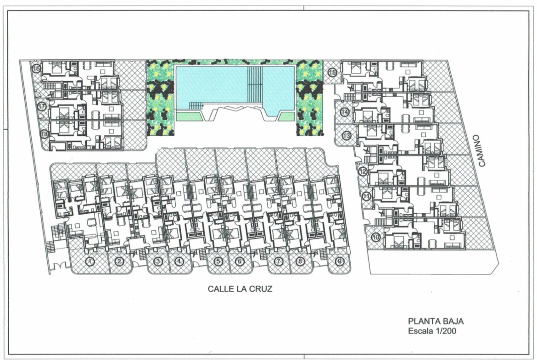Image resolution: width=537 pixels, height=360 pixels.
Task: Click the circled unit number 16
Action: [x=36, y=69]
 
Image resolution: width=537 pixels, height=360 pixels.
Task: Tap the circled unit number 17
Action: [x=42, y=106]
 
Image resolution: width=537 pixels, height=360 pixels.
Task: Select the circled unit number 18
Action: [x=44, y=134]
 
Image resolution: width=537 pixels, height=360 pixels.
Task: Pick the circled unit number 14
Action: [x=345, y=112]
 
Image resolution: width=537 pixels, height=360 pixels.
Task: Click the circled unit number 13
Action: [x=347, y=135]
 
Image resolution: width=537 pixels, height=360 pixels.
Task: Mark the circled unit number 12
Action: [x=363, y=172]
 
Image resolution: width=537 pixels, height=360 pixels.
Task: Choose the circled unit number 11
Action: [x=367, y=197]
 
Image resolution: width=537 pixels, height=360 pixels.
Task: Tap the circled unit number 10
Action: [x=376, y=237]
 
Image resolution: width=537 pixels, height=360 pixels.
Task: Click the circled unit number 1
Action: [x=90, y=262]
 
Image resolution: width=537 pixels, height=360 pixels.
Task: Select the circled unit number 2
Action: [x=119, y=262]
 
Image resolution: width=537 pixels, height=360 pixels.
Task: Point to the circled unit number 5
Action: [x=218, y=262]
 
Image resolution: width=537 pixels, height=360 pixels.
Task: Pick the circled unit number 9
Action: [x=339, y=262]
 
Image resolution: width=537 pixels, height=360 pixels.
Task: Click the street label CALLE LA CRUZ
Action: [x=240, y=289]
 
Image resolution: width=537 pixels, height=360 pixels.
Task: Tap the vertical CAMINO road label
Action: [x=482, y=150]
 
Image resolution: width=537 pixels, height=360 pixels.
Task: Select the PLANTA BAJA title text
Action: [x=436, y=321]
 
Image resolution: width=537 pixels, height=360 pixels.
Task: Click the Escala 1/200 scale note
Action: [x=432, y=331]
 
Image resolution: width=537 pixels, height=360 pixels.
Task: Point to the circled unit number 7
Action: [x=279, y=262]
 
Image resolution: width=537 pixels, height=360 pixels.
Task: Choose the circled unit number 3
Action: [x=158, y=262]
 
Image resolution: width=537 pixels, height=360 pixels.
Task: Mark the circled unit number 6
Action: [x=240, y=262]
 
